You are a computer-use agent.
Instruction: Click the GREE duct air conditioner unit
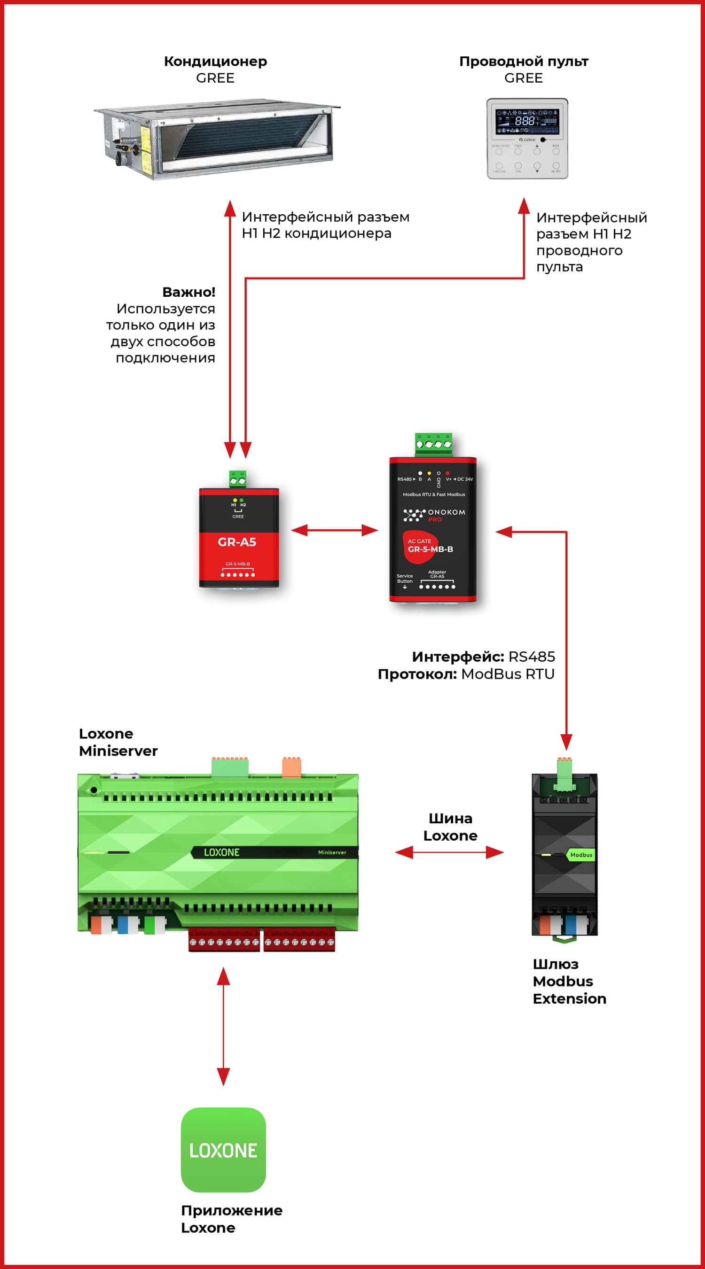tap(217, 139)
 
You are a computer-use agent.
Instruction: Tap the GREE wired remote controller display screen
tap(527, 121)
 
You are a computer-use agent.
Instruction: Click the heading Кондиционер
tap(215, 61)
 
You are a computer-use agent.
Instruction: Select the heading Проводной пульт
tap(524, 61)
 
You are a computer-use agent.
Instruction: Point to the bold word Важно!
tap(189, 292)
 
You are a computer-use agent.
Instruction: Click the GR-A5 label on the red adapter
tap(237, 542)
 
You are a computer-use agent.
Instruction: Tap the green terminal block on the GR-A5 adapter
tap(238, 479)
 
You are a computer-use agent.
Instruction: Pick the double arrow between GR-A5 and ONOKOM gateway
tap(334, 530)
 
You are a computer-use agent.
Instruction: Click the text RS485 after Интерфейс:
tap(532, 657)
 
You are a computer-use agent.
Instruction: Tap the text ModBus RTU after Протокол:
tap(508, 674)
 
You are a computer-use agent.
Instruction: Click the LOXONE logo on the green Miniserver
tap(221, 852)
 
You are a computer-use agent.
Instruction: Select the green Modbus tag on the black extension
tap(581, 855)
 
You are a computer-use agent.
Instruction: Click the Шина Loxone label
tap(450, 827)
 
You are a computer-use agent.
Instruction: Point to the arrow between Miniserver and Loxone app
tap(223, 1026)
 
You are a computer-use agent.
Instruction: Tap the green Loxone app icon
tap(223, 1150)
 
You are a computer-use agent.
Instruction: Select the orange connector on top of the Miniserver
tap(291, 767)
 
